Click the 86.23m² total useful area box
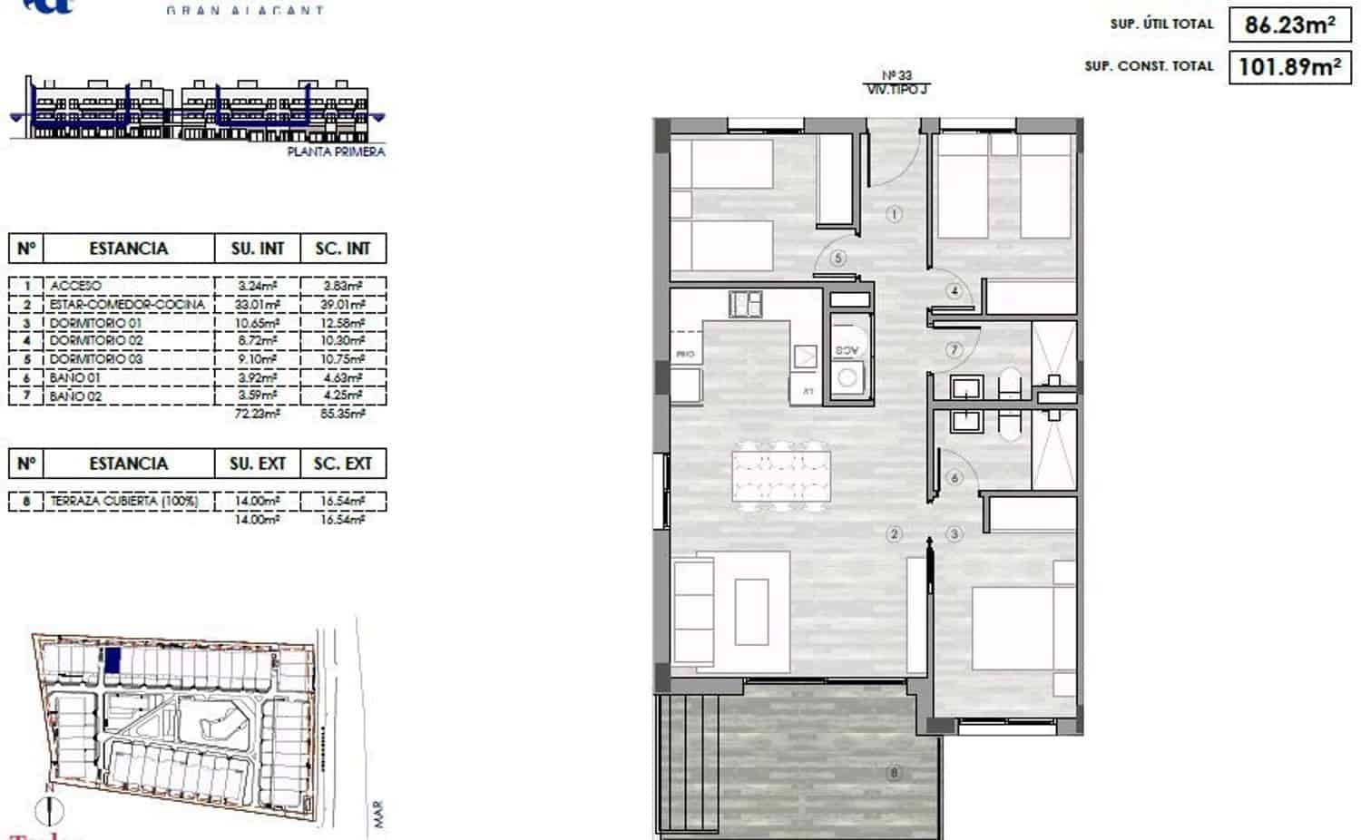point(1288,24)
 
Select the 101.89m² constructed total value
point(1288,66)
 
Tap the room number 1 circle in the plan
point(895,215)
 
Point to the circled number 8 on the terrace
point(895,773)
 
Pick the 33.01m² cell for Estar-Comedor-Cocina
point(258,305)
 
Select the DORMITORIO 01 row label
point(95,323)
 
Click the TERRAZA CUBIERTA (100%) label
point(123,501)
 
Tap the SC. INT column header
point(343,249)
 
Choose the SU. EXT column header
point(258,464)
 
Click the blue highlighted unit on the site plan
point(112,660)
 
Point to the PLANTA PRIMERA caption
point(336,151)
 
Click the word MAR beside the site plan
point(378,814)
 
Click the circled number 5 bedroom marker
point(837,258)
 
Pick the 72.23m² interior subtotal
point(258,414)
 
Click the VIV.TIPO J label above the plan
point(896,89)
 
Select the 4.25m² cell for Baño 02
point(343,396)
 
